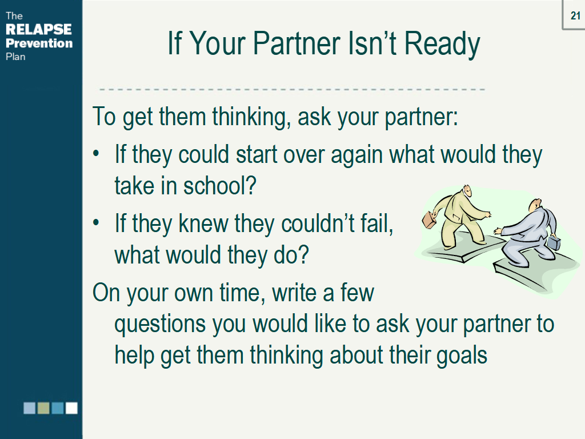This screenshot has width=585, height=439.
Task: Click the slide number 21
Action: point(575,16)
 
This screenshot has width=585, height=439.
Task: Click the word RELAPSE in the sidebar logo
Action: point(39,29)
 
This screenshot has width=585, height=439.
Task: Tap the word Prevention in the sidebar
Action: point(39,43)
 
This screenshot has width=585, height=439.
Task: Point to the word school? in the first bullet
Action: point(219,186)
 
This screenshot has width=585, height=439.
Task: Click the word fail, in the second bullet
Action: point(374,224)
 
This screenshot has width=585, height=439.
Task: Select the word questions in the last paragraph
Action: point(160,325)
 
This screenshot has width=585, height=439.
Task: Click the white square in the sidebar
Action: point(71,408)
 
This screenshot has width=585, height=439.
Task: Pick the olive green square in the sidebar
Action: point(43,408)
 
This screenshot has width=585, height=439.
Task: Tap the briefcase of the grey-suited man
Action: point(553,242)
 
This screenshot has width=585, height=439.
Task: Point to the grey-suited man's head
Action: point(535,205)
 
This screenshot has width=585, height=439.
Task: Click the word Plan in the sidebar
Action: point(16,56)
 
